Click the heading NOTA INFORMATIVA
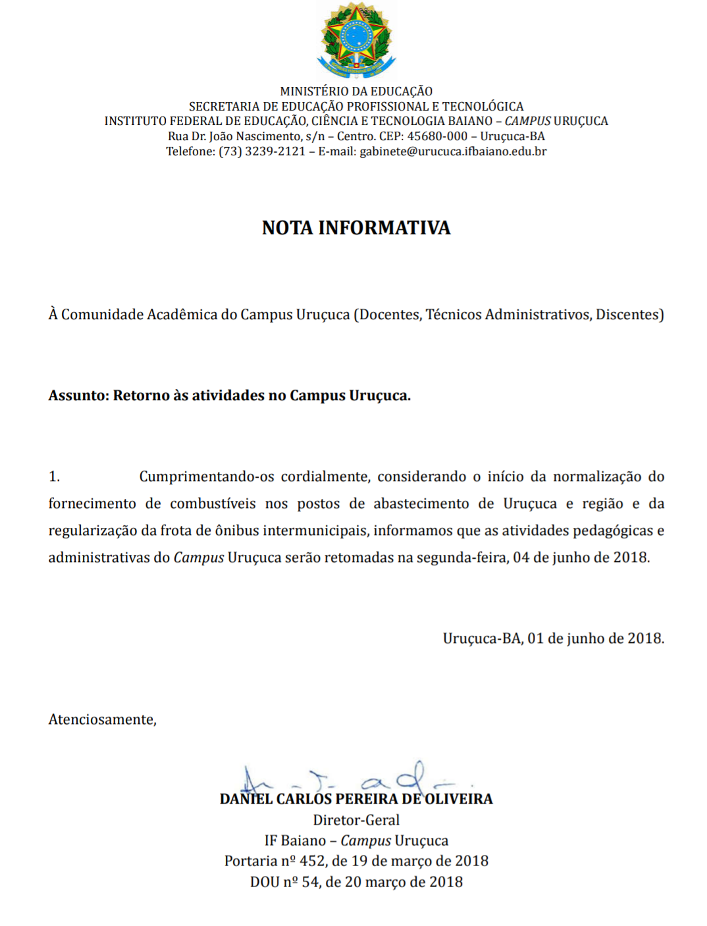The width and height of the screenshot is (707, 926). (356, 228)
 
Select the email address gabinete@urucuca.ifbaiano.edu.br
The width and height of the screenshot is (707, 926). (453, 151)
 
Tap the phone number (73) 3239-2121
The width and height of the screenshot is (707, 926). (262, 151)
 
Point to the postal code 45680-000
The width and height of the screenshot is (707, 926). (437, 136)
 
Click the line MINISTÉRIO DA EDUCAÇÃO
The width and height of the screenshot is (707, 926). (356, 91)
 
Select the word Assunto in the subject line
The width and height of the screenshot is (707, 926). (77, 396)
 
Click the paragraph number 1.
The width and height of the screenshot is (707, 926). (54, 476)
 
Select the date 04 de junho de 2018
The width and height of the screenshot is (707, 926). (581, 557)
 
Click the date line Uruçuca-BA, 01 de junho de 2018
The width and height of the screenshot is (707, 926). (553, 638)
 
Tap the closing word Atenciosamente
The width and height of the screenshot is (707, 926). (101, 719)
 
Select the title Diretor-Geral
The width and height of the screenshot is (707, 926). (356, 820)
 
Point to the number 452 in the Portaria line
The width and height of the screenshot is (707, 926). (313, 861)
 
